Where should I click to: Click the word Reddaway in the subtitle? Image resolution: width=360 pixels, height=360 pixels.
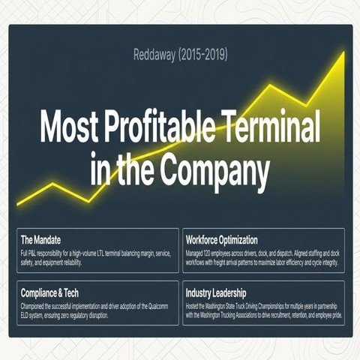154,55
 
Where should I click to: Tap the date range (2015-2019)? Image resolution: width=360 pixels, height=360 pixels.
203,55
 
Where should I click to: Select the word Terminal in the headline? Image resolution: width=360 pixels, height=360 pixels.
271,125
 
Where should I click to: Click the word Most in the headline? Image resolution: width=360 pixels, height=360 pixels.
69,126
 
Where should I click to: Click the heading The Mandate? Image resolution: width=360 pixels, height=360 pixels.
40,240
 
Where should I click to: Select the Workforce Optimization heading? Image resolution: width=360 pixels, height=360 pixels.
221,240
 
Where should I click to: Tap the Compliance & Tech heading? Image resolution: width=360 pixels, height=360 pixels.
49,293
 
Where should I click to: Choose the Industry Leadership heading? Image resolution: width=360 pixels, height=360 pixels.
216,293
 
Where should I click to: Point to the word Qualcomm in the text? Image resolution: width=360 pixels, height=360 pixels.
158,307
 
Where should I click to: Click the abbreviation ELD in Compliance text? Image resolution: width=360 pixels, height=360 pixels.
25,316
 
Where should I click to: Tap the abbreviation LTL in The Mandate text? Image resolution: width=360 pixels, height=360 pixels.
100,253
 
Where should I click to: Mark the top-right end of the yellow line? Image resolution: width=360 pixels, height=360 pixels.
344,52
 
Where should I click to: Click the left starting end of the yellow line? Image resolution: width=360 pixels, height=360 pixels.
17,205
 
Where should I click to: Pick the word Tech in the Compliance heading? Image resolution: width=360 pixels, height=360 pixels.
71,293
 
